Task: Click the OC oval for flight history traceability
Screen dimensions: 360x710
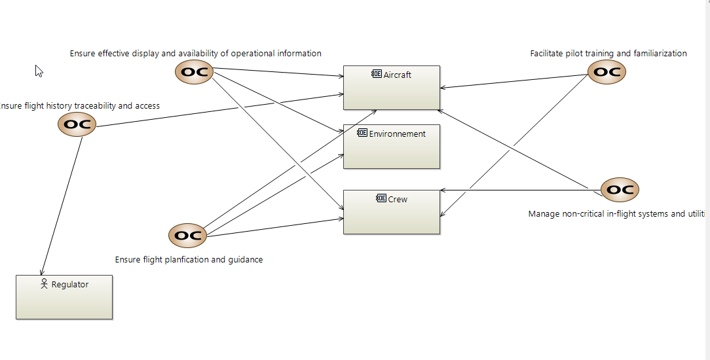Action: click(x=77, y=124)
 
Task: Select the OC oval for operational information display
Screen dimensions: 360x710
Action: click(x=195, y=72)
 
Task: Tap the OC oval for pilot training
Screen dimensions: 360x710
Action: click(x=607, y=72)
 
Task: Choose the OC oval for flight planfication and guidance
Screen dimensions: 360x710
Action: click(x=188, y=236)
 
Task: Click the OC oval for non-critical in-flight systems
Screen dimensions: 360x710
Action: click(x=620, y=190)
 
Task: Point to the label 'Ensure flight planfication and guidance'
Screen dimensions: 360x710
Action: click(x=189, y=260)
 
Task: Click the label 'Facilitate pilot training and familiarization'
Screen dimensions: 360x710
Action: click(x=608, y=54)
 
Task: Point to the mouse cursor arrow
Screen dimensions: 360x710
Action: click(x=39, y=71)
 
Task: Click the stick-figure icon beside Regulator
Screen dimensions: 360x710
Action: click(x=45, y=284)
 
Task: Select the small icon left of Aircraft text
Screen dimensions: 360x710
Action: click(x=377, y=75)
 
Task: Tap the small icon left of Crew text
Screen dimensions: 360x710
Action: click(x=381, y=199)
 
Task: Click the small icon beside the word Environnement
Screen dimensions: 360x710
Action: click(x=362, y=134)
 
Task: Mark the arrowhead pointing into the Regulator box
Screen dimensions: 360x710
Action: click(x=42, y=272)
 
